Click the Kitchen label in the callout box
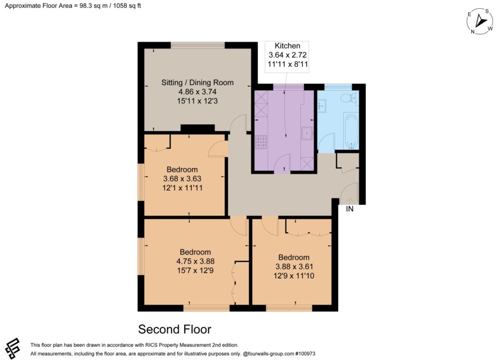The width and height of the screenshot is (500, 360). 287,46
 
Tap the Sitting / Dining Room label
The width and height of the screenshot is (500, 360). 197,82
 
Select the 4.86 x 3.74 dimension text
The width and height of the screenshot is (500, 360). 197,92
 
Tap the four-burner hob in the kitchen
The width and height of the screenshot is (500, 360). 261,142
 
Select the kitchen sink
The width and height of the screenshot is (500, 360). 307,134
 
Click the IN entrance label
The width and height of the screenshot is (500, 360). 350,209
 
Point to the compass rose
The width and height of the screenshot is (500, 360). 479,21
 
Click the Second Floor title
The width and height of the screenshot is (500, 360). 175,329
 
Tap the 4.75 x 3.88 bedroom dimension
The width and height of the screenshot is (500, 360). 195,261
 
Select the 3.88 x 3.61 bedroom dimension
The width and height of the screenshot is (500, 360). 293,267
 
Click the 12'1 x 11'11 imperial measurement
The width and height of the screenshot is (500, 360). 183,188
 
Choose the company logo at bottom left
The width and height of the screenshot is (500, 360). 13,348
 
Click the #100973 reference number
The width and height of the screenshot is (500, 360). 306,354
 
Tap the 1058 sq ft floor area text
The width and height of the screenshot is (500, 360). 126,6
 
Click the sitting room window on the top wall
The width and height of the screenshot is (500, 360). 198,45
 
